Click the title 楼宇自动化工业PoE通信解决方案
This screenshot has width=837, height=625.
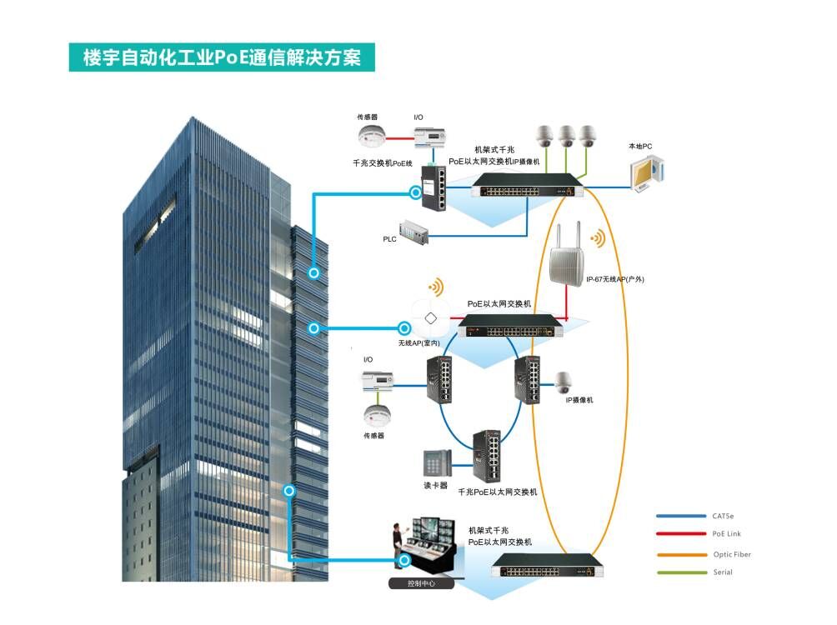pos(222,58)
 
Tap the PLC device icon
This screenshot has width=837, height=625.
pos(417,232)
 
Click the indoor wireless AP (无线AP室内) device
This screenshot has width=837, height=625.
pos(431,317)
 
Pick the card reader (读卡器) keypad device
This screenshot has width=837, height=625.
pos(437,463)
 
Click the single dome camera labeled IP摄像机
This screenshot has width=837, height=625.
pos(565,382)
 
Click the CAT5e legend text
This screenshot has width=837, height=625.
pos(723,516)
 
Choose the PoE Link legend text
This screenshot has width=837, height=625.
pos(726,534)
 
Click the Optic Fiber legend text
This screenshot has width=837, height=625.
pos(732,554)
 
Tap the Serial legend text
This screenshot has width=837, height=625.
pos(723,572)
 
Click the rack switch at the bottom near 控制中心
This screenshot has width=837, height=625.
pos(547,568)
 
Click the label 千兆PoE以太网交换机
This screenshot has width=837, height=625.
pos(498,492)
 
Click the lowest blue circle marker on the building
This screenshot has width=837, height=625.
pos(289,491)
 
